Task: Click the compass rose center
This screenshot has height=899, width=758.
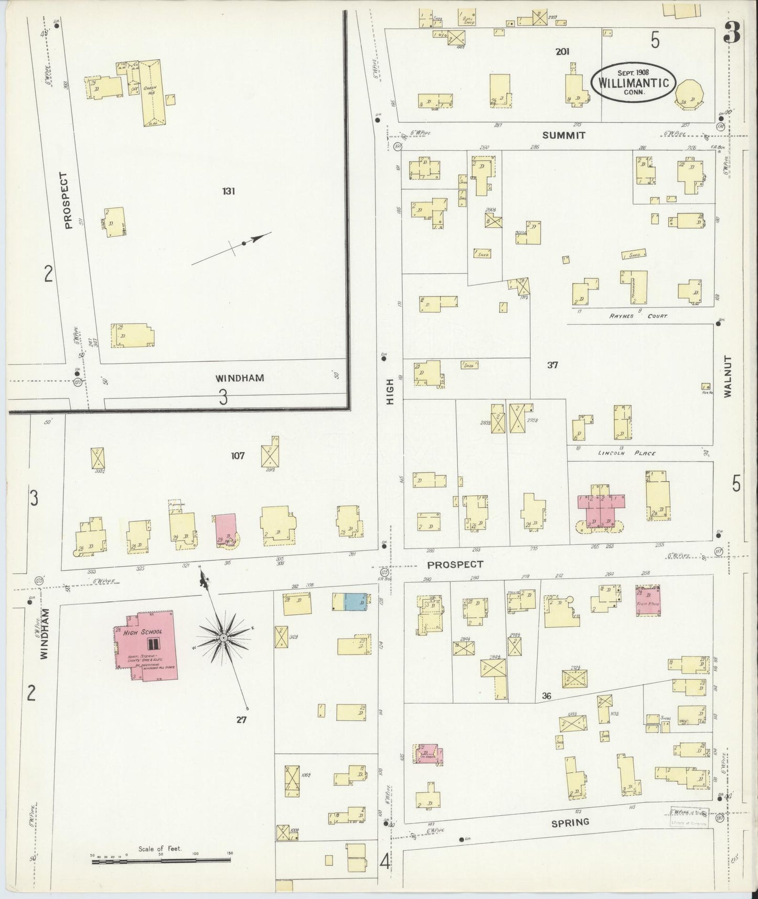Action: tap(223, 637)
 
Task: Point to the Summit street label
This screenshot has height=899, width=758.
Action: tap(563, 135)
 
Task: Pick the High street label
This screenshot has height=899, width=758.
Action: tap(390, 392)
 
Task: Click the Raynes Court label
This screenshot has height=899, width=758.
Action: tap(638, 316)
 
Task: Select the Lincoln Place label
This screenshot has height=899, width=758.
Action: tap(634, 453)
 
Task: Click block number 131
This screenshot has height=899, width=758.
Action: tap(228, 191)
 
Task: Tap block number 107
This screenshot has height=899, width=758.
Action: tap(238, 456)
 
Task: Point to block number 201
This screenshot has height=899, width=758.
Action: tap(563, 51)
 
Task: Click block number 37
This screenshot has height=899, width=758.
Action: tap(552, 365)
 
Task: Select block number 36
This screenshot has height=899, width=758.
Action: tap(547, 697)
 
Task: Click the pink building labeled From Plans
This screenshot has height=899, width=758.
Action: tap(648, 601)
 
